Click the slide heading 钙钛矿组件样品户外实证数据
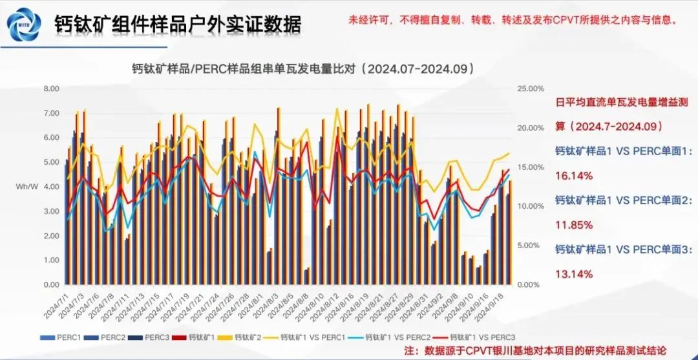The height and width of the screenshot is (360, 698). click(x=178, y=24)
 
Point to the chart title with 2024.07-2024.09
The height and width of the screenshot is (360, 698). click(x=304, y=68)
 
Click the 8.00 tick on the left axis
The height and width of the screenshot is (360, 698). click(x=51, y=89)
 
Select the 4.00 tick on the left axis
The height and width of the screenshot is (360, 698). click(x=51, y=187)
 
